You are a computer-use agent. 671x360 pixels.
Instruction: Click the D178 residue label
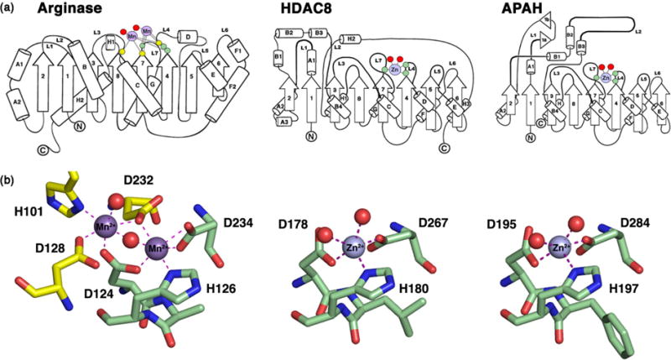(297, 224)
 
